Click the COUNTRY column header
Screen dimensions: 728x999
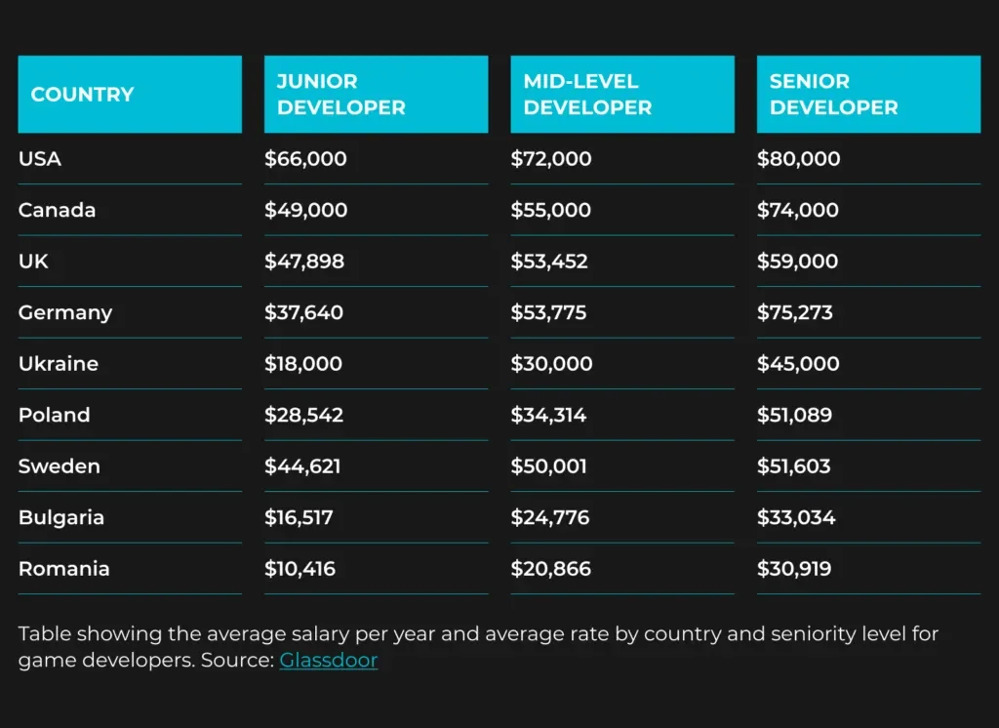pos(82,95)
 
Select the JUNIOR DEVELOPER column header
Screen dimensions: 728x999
pos(340,95)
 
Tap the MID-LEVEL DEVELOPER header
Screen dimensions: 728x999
pos(587,95)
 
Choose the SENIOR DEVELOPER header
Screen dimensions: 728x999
pos(833,95)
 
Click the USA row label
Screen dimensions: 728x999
pos(40,159)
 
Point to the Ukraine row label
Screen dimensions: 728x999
pos(59,364)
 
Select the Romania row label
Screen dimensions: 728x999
pos(64,569)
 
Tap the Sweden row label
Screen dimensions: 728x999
pos(60,466)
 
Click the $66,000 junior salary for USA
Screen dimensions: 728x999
pos(305,159)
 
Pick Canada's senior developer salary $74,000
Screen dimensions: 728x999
pos(798,210)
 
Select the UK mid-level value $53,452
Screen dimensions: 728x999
pos(549,262)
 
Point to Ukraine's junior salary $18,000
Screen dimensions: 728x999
pos(303,364)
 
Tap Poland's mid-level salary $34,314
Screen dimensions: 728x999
pos(548,416)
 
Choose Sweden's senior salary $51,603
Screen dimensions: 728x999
pos(794,466)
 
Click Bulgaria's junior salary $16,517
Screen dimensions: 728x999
pos(299,518)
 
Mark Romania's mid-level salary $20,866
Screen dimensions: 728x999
pos(550,569)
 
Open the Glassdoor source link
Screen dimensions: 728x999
pos(329,661)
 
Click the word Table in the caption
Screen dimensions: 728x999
pos(42,634)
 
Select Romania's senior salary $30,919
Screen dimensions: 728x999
pos(794,569)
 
